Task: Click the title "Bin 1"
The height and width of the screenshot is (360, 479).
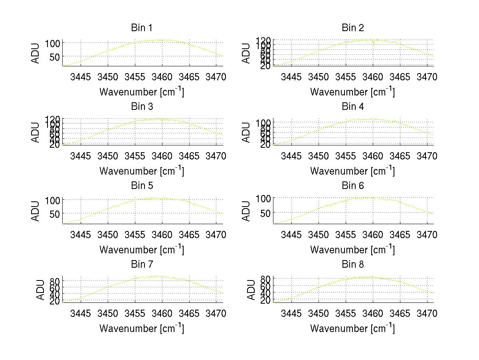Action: tap(142, 28)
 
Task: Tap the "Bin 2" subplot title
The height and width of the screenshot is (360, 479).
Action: tap(353, 28)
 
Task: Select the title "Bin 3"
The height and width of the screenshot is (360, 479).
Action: tap(142, 107)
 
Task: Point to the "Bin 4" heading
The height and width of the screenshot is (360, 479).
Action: tap(353, 107)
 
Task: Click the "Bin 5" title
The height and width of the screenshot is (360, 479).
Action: tap(142, 186)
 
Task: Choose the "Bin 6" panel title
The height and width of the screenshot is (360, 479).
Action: tap(353, 186)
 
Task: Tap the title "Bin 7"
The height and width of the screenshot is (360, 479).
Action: tap(142, 265)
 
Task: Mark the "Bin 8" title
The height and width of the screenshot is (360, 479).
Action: tap(353, 265)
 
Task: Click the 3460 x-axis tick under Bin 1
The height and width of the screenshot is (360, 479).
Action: tap(162, 77)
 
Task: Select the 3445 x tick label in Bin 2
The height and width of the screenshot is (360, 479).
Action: tap(291, 77)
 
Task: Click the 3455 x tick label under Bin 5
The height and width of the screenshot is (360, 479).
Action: tap(135, 235)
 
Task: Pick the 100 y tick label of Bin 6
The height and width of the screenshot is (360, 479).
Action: tap(263, 199)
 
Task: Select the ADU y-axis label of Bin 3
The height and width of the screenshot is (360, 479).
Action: tap(36, 132)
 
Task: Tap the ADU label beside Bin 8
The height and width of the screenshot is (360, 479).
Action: tap(251, 290)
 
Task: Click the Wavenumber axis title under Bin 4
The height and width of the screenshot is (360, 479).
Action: tap(353, 171)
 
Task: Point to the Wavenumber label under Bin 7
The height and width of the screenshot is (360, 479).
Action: tap(142, 328)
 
